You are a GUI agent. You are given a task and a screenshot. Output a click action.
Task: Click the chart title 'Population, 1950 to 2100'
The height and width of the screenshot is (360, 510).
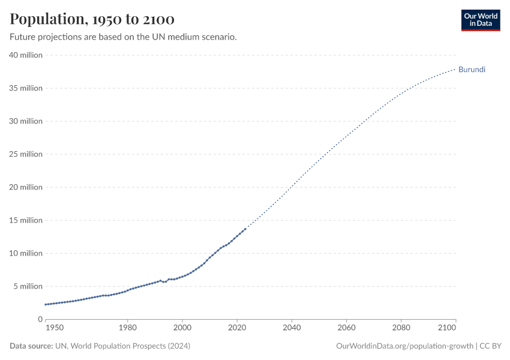point(92,19)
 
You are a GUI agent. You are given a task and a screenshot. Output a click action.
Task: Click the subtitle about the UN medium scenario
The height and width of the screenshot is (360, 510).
point(123,37)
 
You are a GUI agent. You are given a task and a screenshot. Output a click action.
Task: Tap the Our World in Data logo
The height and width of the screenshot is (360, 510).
point(480,20)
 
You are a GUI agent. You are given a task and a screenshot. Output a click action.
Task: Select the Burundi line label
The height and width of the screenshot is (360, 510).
point(472,70)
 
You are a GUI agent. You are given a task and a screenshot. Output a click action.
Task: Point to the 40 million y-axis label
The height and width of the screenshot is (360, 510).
point(26,55)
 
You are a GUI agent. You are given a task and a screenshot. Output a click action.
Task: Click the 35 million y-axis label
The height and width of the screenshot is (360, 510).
point(26,88)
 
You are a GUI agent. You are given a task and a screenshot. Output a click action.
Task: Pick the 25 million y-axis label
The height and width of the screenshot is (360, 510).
point(26,154)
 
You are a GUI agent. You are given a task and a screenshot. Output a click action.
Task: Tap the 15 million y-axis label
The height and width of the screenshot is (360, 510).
point(26,220)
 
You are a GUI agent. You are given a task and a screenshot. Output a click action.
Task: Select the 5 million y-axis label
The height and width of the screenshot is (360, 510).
point(28,286)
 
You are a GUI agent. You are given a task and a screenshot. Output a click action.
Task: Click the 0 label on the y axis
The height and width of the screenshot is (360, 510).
point(40,319)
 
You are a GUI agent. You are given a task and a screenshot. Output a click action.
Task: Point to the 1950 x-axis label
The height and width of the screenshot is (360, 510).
point(54,328)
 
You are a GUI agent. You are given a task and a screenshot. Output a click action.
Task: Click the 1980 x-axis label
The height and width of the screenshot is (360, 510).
point(127,328)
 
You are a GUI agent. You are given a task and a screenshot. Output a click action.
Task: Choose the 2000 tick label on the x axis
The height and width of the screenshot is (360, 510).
point(182,328)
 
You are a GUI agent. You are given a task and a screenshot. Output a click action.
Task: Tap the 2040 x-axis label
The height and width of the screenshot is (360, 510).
point(292,328)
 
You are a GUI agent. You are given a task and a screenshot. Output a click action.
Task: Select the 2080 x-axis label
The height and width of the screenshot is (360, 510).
point(401,328)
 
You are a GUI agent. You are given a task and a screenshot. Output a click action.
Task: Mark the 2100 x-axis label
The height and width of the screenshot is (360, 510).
point(448,328)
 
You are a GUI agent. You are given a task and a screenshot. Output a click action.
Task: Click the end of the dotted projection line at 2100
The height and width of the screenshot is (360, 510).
point(455,69)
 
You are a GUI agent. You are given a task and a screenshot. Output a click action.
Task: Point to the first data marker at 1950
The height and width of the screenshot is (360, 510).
point(46,304)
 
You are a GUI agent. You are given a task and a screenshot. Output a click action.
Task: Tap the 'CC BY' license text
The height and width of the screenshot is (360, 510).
point(490,346)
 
